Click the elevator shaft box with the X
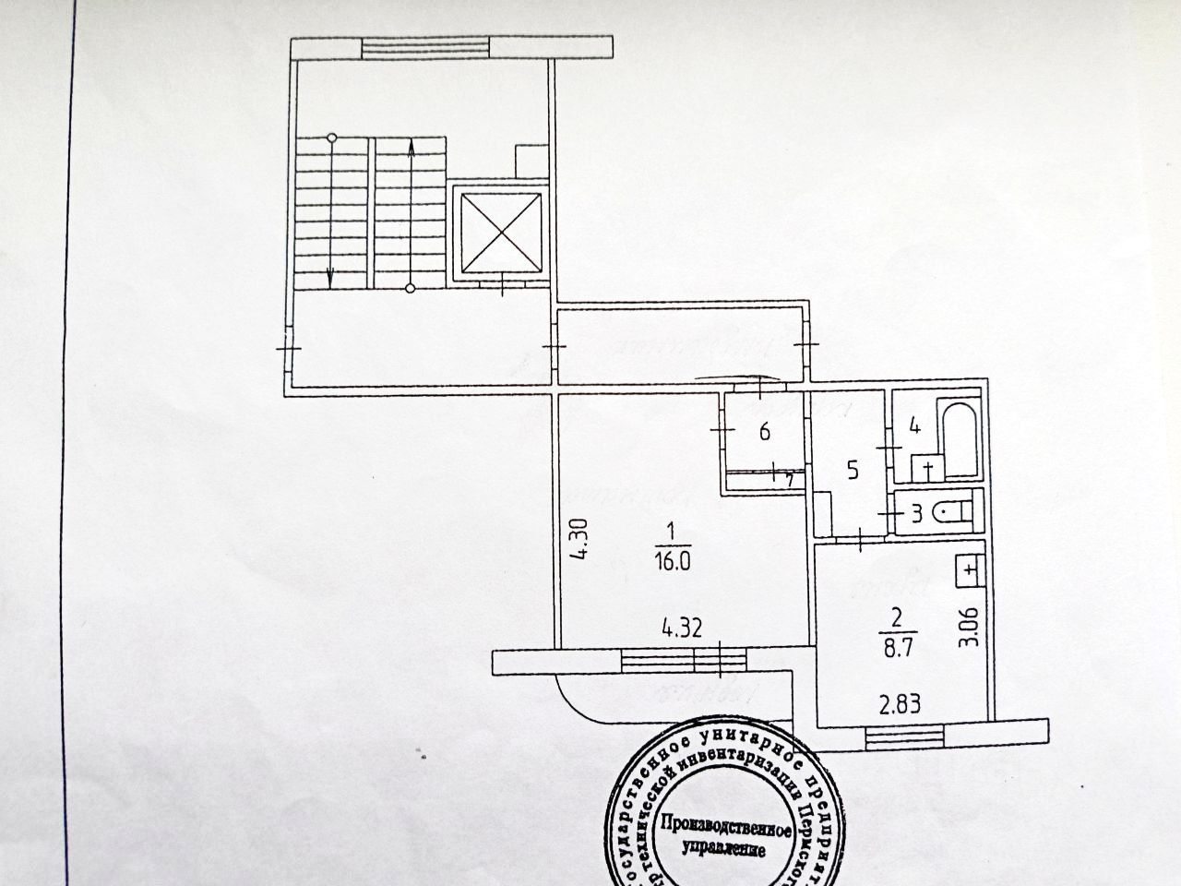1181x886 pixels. [499, 233]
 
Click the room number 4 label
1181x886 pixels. [914, 426]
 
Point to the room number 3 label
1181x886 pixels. [916, 514]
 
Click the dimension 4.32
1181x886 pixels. [683, 631]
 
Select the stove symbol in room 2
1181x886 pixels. [969, 570]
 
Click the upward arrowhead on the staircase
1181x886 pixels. [411, 144]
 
